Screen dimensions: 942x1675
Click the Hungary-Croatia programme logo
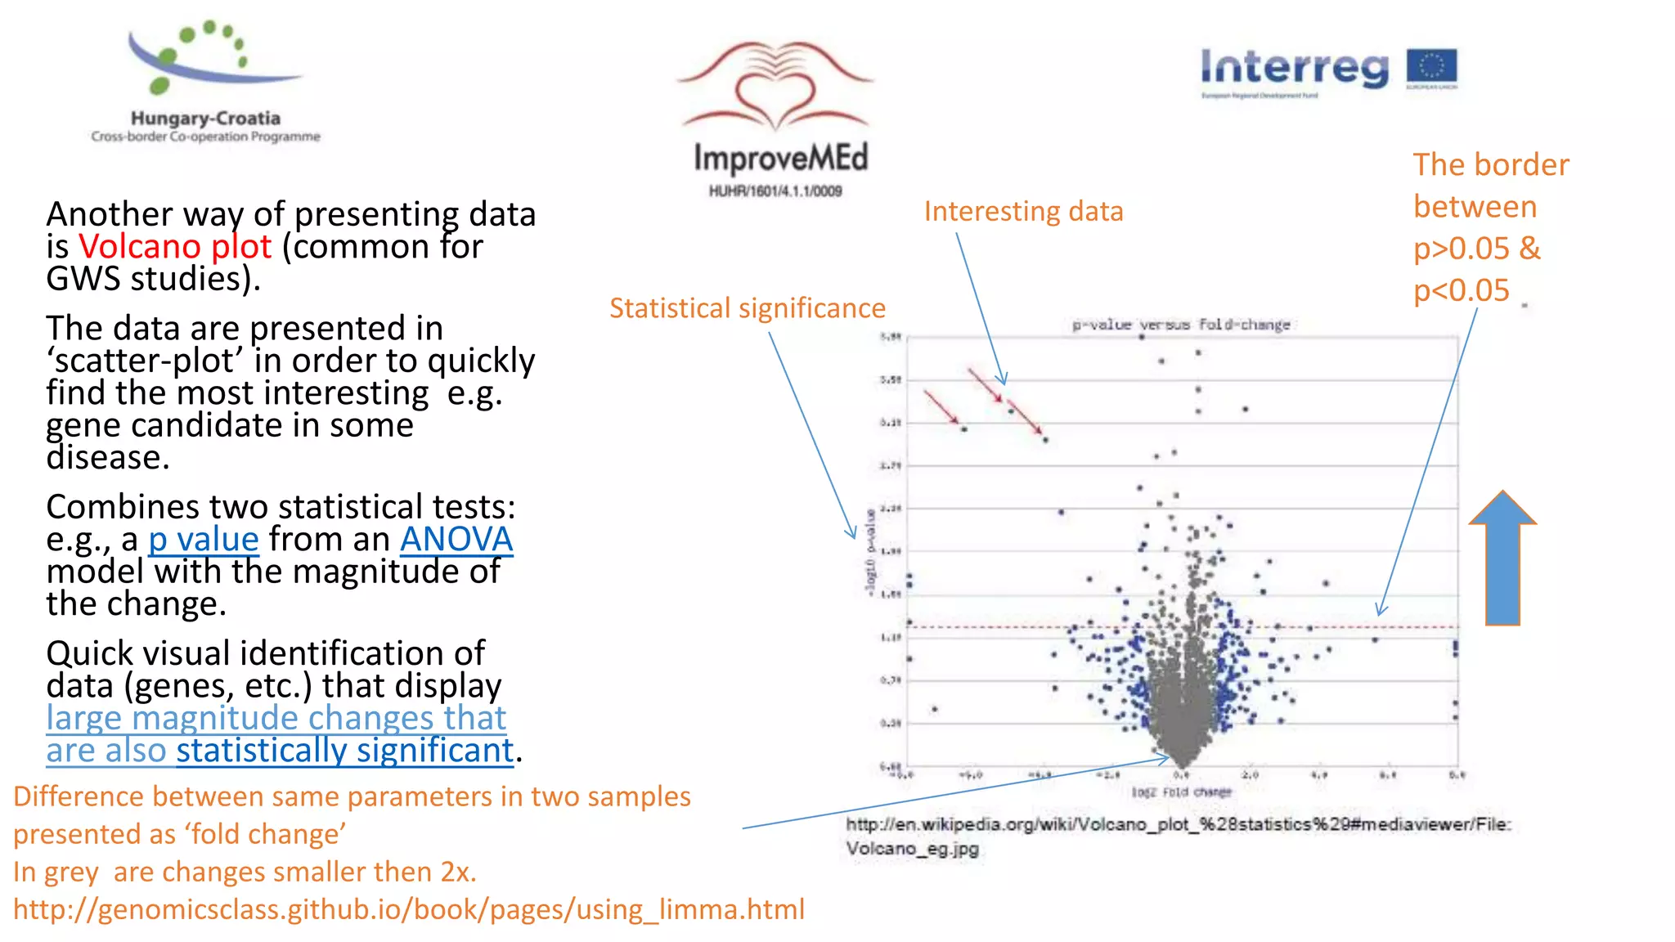(x=205, y=82)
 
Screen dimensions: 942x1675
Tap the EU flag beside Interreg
(x=1431, y=69)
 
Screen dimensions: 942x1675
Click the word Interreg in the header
(x=1294, y=67)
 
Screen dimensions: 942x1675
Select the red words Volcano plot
(x=174, y=246)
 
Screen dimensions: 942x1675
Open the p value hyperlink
(x=204, y=540)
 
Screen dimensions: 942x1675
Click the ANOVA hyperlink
(x=456, y=540)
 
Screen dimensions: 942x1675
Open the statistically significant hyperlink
(x=344, y=751)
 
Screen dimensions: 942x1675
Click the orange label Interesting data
(x=1023, y=212)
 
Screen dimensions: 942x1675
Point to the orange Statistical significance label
(x=747, y=308)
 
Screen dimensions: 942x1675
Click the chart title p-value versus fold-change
(x=1181, y=325)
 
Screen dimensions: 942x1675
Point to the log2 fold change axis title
(x=1181, y=792)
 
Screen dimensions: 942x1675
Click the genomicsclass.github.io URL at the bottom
(x=409, y=909)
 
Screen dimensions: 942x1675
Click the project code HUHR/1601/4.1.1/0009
(x=775, y=191)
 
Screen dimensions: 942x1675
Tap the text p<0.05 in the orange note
(x=1461, y=290)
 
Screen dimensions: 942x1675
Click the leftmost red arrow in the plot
(x=941, y=406)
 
